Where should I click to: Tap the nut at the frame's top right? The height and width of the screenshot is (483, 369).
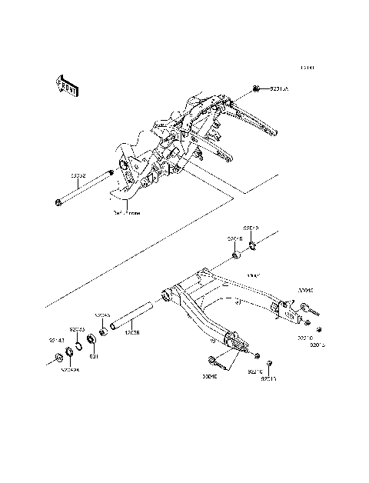(256, 89)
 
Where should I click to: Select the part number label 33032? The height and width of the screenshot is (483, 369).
(101, 176)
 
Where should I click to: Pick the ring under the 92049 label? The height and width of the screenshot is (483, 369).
(254, 247)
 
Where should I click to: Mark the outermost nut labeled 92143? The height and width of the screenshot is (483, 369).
(58, 357)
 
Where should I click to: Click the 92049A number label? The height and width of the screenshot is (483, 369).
(71, 369)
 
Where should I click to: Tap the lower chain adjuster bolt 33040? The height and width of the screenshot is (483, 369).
(220, 358)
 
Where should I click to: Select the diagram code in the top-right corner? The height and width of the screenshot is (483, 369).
(308, 67)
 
